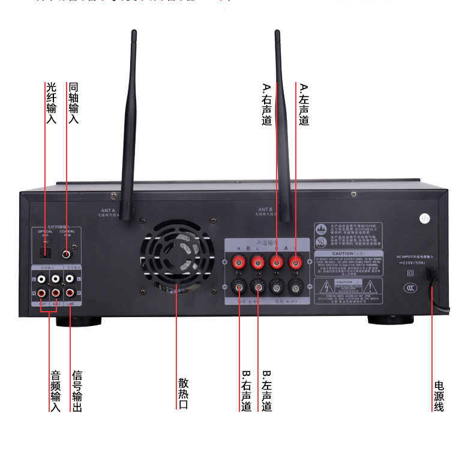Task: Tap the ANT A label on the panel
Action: pos(108,210)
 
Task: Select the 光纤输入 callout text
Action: pos(50,103)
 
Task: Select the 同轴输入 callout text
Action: pos(73,103)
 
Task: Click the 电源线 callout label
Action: pos(439,396)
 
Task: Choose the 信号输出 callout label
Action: pos(77,391)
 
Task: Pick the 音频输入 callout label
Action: pos(55,391)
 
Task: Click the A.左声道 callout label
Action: pos(304,104)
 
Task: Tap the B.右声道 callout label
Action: pos(247,391)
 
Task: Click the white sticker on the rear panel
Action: pos(427,219)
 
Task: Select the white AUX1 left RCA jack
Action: pos(40,279)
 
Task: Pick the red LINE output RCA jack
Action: pos(70,293)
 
